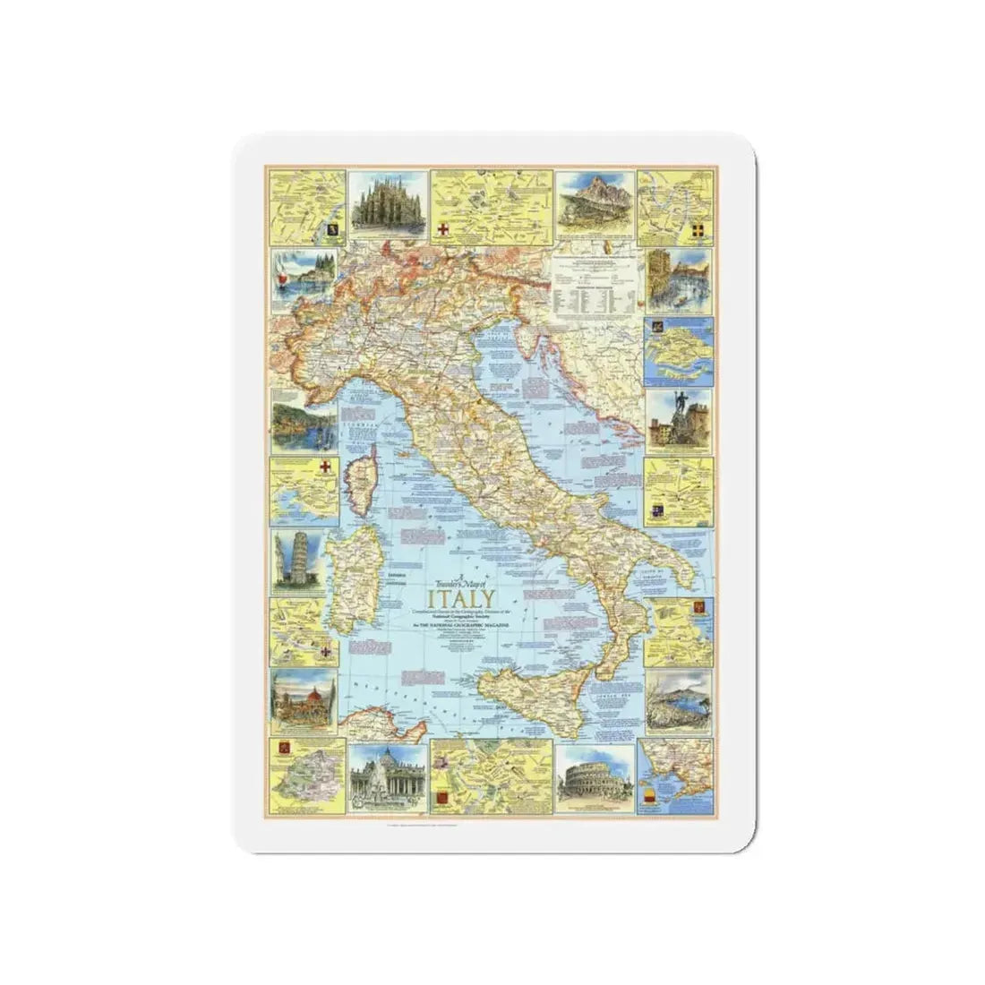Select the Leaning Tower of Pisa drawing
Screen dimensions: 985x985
(x=302, y=561)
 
